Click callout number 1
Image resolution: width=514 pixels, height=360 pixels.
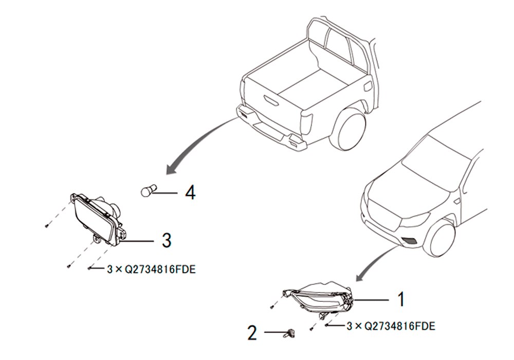[x=401, y=299]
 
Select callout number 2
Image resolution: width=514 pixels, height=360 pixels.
[x=252, y=333]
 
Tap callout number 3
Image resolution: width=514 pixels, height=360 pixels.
[x=167, y=240]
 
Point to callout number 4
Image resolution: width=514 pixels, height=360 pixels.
[x=191, y=192]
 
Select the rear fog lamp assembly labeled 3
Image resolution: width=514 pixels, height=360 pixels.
[x=97, y=220]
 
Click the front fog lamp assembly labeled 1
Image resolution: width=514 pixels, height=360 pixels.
[x=319, y=298]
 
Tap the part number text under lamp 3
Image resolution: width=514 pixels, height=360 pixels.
[x=151, y=269]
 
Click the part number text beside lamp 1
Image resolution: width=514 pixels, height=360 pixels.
[x=391, y=326]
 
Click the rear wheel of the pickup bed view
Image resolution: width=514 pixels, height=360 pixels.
[x=347, y=128]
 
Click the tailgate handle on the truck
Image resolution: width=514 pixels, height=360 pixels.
[x=271, y=100]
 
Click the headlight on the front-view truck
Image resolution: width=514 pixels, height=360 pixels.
[x=414, y=220]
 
